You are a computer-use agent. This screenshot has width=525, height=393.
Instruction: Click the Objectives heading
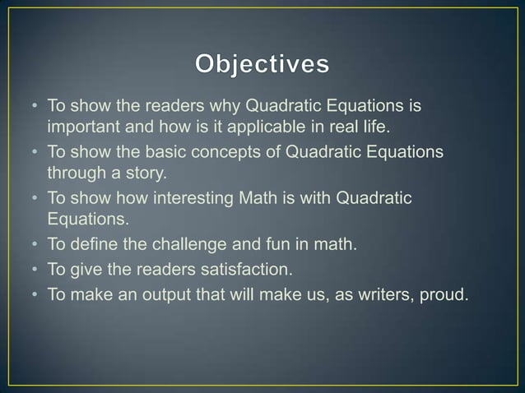[x=262, y=63]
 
